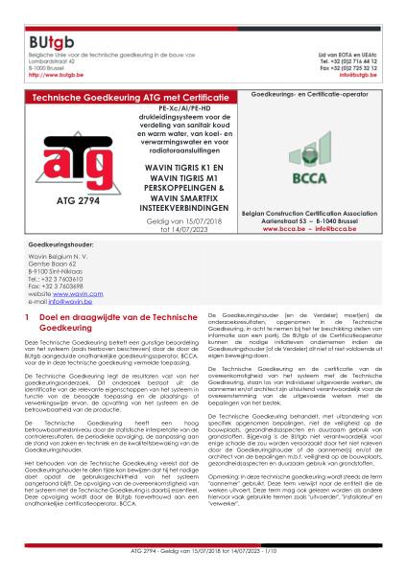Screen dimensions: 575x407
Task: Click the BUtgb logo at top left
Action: click(x=44, y=15)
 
